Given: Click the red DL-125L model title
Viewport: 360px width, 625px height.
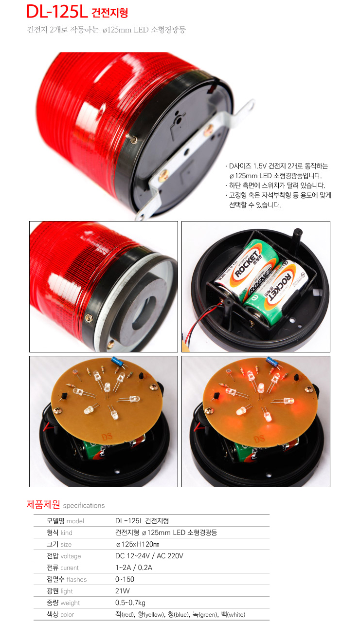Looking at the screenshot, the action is (x=57, y=12).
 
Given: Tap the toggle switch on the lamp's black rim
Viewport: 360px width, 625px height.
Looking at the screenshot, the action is (x=132, y=138).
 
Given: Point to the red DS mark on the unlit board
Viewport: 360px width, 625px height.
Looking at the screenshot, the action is (x=107, y=437).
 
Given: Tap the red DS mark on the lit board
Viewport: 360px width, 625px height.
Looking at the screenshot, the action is (x=259, y=439).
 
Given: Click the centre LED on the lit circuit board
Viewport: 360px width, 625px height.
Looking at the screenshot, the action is (x=261, y=387).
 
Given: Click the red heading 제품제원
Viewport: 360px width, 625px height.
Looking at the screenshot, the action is (x=43, y=504).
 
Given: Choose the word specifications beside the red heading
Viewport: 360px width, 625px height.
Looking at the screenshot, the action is (x=84, y=505).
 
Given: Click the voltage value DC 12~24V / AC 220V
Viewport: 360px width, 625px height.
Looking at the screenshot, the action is (x=149, y=556).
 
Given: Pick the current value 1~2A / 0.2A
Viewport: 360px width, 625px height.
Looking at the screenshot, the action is (x=134, y=568).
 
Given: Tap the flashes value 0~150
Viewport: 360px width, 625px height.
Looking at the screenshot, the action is (x=125, y=579).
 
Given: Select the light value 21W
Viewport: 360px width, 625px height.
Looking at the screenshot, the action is (x=123, y=590).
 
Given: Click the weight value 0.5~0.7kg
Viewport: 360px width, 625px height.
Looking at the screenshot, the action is (x=130, y=603).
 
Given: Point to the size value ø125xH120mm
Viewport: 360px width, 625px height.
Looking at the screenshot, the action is (x=138, y=544).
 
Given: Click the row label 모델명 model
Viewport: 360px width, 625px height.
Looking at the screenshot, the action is (x=65, y=521).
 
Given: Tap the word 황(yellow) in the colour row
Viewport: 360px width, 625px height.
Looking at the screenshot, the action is (x=151, y=614).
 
